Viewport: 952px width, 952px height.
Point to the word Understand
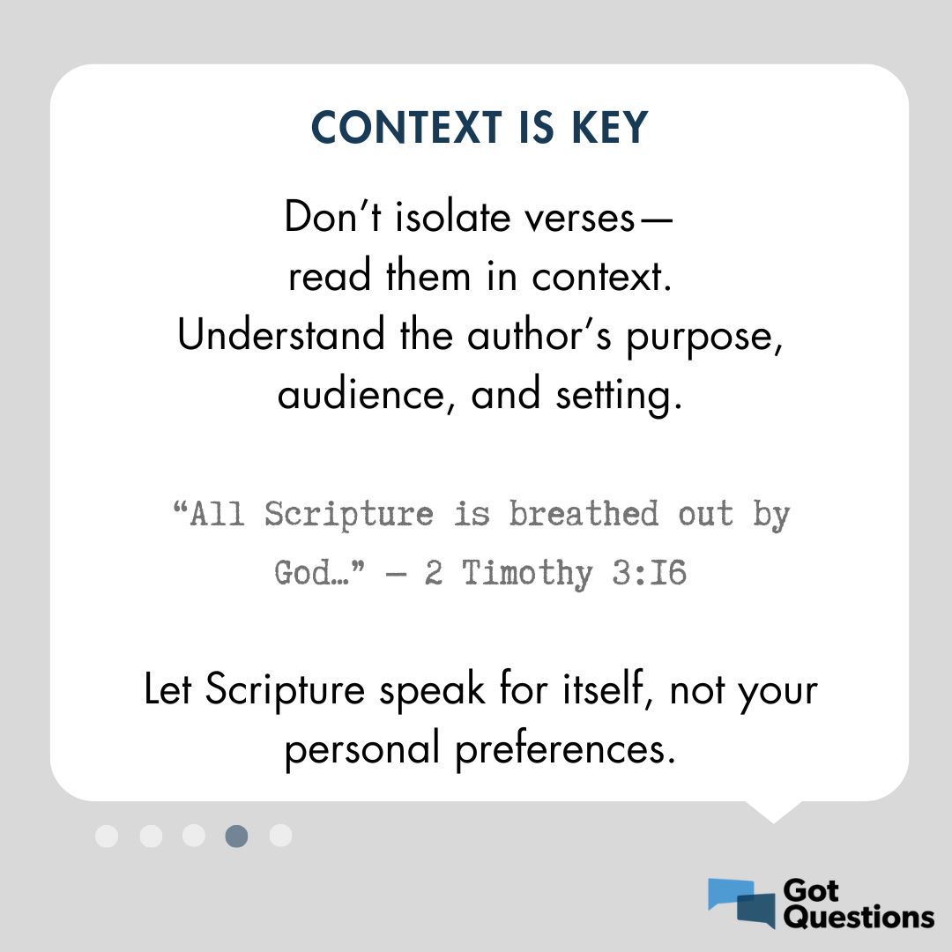click(x=281, y=336)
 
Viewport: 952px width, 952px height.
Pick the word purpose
click(x=704, y=338)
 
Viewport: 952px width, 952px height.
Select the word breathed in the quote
click(x=584, y=514)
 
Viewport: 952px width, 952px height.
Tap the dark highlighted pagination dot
click(x=236, y=836)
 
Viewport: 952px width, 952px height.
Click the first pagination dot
click(x=107, y=836)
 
